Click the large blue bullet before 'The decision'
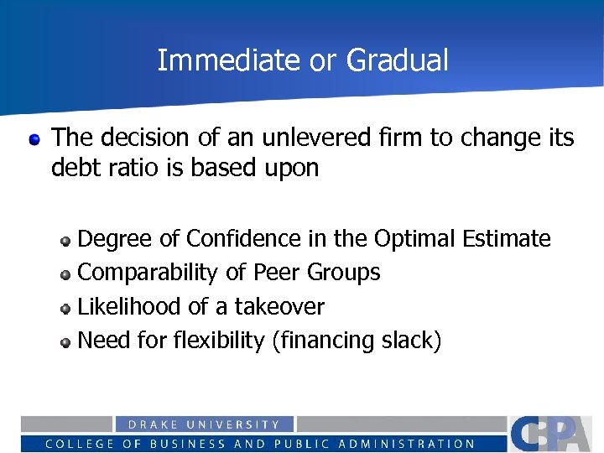pyautogui.click(x=34, y=138)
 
